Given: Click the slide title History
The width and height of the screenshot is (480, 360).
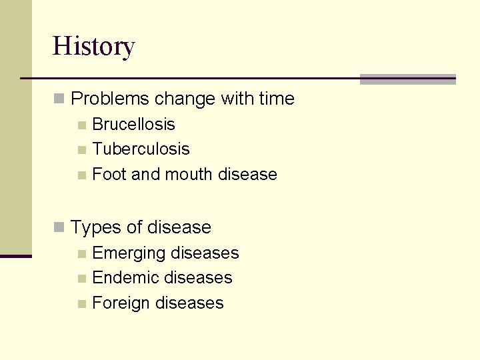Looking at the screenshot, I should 93,47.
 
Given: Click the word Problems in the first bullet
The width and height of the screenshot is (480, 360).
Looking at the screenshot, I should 110,99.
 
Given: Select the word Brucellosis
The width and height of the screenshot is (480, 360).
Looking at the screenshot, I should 133,125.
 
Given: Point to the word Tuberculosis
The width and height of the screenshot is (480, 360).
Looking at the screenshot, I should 141,149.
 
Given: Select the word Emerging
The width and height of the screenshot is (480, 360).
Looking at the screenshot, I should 129,253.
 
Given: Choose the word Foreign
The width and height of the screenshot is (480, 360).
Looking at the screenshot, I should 121,303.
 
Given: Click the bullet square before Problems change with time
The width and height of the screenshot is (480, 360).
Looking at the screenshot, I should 59,99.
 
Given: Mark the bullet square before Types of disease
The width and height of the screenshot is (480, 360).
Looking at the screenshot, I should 59,228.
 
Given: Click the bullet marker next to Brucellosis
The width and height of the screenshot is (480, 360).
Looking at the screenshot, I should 81,125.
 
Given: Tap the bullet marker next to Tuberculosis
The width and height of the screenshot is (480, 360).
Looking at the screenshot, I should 81,150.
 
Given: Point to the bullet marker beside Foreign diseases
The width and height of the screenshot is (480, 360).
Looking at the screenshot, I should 81,304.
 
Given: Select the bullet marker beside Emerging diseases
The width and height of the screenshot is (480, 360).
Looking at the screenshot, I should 81,254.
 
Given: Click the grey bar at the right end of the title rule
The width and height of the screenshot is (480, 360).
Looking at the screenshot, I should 407,79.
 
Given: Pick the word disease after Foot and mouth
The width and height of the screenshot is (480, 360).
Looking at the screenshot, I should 247,175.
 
